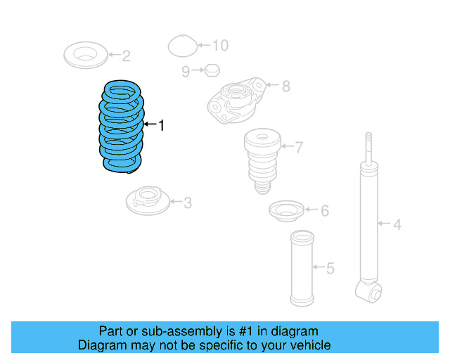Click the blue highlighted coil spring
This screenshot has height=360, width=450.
click(x=122, y=127)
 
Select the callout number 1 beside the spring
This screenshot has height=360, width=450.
click(x=161, y=126)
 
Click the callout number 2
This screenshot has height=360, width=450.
click(x=126, y=56)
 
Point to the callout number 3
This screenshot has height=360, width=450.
click(x=187, y=203)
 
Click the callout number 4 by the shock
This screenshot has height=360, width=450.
click(x=397, y=225)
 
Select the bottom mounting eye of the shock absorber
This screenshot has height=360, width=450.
click(x=368, y=290)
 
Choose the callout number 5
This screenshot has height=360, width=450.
click(x=330, y=268)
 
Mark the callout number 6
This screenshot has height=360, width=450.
click(x=324, y=211)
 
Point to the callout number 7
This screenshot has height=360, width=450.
click(x=299, y=148)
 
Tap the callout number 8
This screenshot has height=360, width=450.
click(x=285, y=86)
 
